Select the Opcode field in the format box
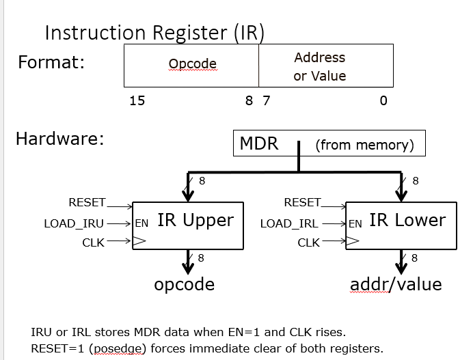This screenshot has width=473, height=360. point(192,64)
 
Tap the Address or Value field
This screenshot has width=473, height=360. point(319,66)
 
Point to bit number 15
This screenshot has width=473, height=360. point(137,101)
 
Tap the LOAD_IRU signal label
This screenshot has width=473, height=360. point(74,223)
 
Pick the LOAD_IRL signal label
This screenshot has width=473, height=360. point(288,223)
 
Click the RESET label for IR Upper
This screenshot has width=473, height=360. point(87,202)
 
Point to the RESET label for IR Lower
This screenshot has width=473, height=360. point(301,202)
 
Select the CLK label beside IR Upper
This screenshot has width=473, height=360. point(93,242)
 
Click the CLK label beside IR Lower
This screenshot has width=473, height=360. point(308,242)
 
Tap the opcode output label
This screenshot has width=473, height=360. point(185,284)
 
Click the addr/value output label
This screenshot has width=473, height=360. point(396,284)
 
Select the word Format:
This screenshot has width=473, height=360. point(51,62)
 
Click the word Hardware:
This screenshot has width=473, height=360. point(59,139)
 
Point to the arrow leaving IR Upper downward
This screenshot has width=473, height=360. point(187,261)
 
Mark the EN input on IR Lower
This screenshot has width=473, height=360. point(355,223)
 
